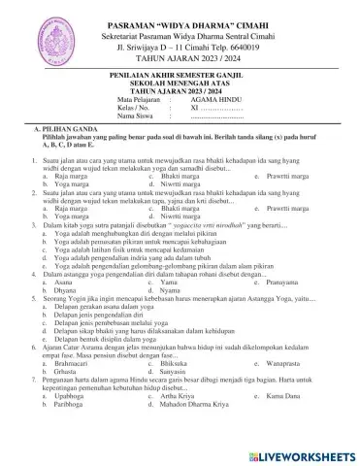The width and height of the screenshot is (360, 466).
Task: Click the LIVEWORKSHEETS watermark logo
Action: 299,453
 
